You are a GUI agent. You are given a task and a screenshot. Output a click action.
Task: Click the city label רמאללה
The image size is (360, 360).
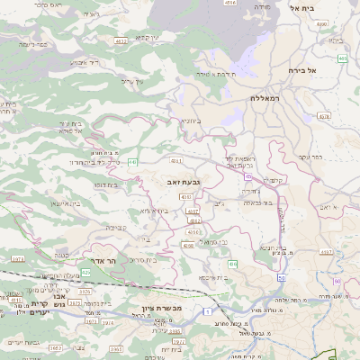point(268,97)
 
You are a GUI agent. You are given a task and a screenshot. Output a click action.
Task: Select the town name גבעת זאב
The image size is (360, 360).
point(183,182)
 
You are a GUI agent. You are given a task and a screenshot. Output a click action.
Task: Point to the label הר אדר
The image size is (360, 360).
point(105,260)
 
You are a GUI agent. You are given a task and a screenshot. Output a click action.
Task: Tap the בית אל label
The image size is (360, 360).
point(301,7)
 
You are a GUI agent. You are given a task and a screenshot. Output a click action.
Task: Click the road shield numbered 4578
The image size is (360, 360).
point(324,116)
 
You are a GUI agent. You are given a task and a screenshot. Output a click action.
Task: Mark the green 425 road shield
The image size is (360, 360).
point(86,272)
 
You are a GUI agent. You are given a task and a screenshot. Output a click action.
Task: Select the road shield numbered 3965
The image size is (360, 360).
point(114,347)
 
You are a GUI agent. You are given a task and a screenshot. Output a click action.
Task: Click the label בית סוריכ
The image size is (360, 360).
point(143,259)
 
